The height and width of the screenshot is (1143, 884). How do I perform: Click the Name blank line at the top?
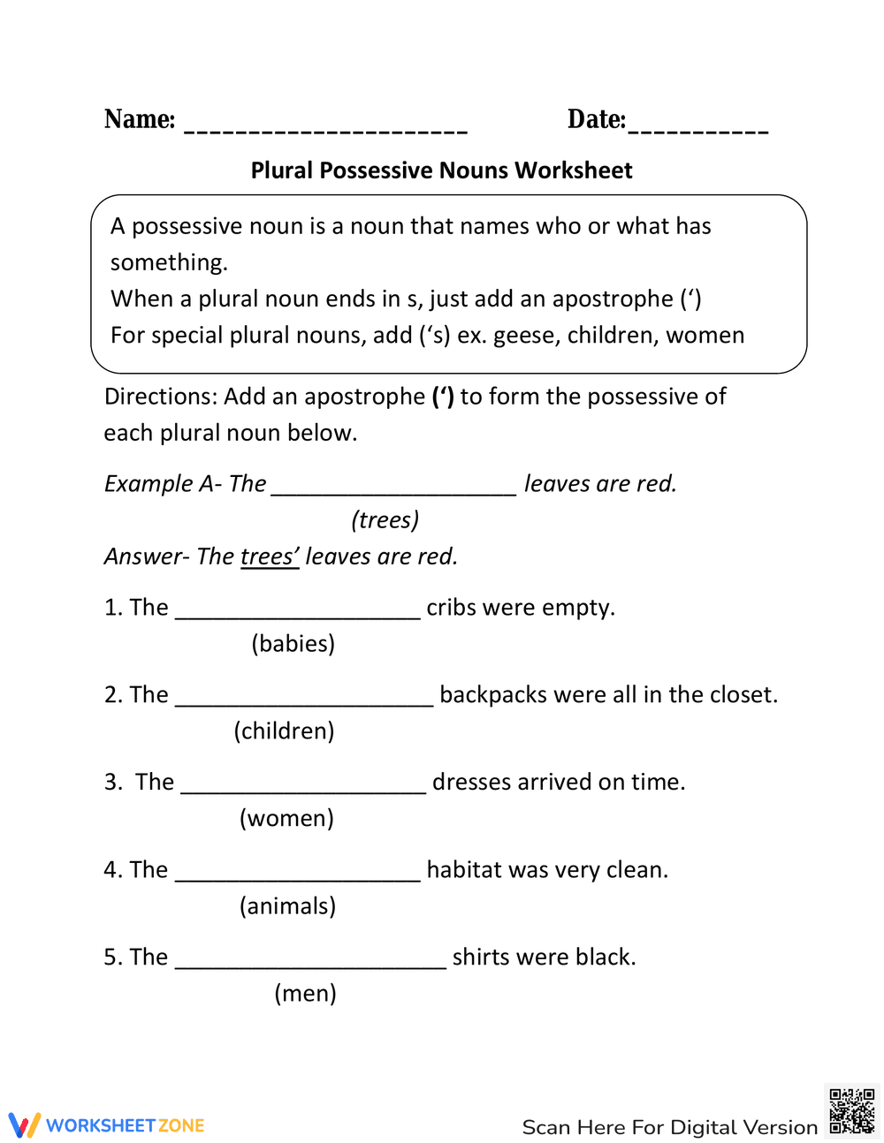pyautogui.click(x=325, y=131)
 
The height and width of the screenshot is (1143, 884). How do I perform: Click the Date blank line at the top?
pyautogui.click(x=698, y=131)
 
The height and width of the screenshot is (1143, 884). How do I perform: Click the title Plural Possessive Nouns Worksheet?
pyautogui.click(x=441, y=170)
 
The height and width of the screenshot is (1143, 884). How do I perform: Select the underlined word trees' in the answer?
pyautogui.click(x=270, y=556)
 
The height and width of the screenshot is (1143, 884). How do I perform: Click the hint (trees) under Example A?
pyautogui.click(x=385, y=519)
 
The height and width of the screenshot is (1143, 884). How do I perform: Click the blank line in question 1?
pyautogui.click(x=298, y=617)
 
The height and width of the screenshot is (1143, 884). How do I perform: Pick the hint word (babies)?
pyautogui.click(x=293, y=643)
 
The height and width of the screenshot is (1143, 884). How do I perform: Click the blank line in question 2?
pyautogui.click(x=304, y=704)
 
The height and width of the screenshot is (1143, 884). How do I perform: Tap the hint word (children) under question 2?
pyautogui.click(x=284, y=730)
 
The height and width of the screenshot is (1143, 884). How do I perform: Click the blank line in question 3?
pyautogui.click(x=303, y=791)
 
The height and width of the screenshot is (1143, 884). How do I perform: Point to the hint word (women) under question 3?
pyautogui.click(x=286, y=818)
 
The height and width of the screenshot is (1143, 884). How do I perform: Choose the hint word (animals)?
pyautogui.click(x=287, y=905)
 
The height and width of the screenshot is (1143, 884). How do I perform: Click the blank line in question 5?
pyautogui.click(x=310, y=966)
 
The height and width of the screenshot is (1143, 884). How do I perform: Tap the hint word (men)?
pyautogui.click(x=305, y=993)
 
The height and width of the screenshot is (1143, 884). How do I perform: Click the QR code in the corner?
pyautogui.click(x=851, y=1111)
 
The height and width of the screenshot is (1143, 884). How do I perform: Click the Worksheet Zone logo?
pyautogui.click(x=107, y=1125)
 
